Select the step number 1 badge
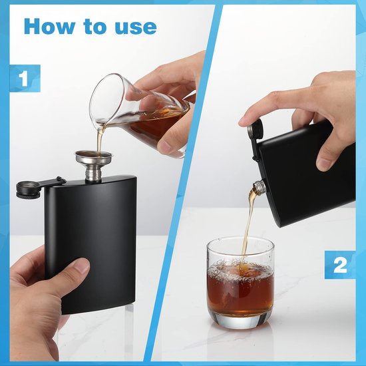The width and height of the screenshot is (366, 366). (25, 79)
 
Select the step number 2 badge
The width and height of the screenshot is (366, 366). (339, 265)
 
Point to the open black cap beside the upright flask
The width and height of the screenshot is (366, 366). (27, 189)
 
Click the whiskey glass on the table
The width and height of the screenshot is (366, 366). (240, 281)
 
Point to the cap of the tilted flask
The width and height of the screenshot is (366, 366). (255, 128)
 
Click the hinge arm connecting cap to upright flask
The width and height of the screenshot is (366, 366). (51, 182)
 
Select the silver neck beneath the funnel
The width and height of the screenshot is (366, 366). (94, 174)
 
